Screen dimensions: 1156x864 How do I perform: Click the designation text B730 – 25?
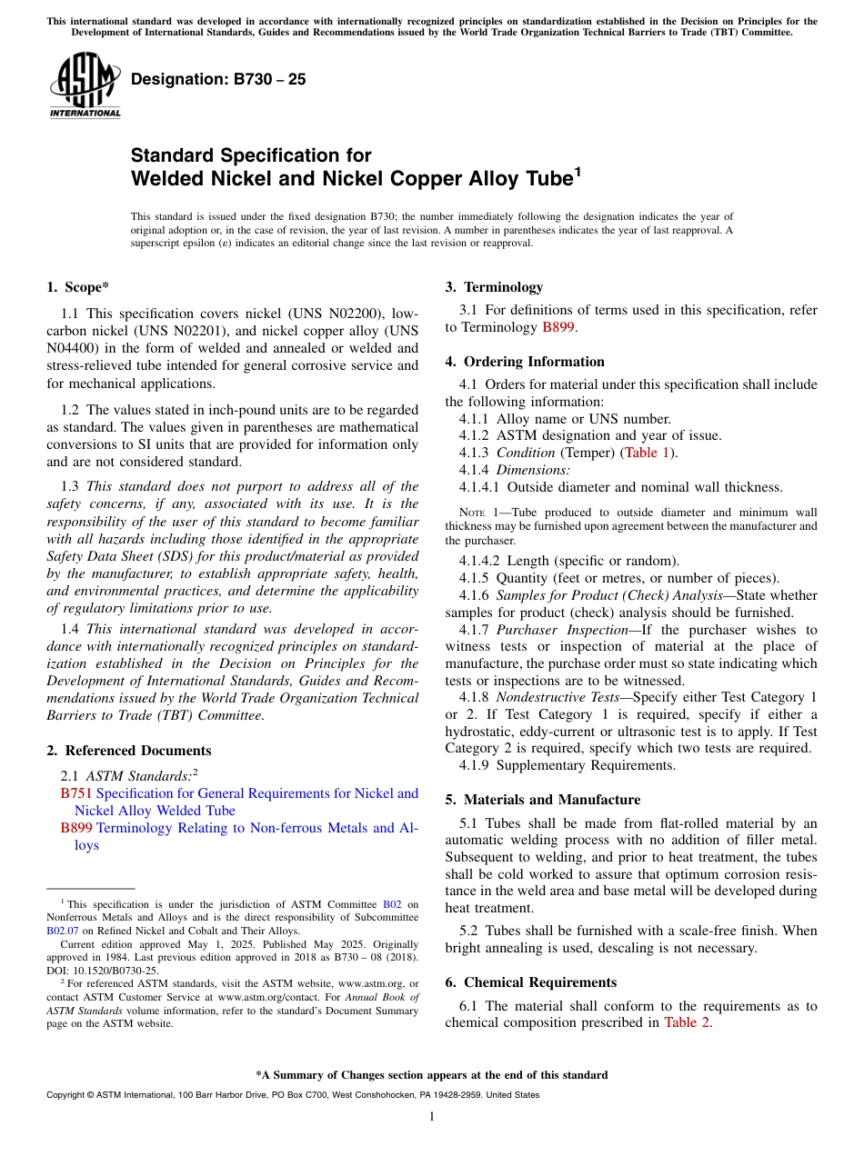click(218, 80)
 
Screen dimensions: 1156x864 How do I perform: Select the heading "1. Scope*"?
click(77, 287)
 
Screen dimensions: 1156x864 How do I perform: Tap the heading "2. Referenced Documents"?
click(128, 751)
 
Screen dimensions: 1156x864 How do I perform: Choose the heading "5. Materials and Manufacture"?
click(542, 800)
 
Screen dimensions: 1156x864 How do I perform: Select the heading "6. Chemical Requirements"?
click(530, 982)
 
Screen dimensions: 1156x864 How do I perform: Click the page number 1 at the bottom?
click(432, 1117)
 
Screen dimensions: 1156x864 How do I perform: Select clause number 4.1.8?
click(474, 698)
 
